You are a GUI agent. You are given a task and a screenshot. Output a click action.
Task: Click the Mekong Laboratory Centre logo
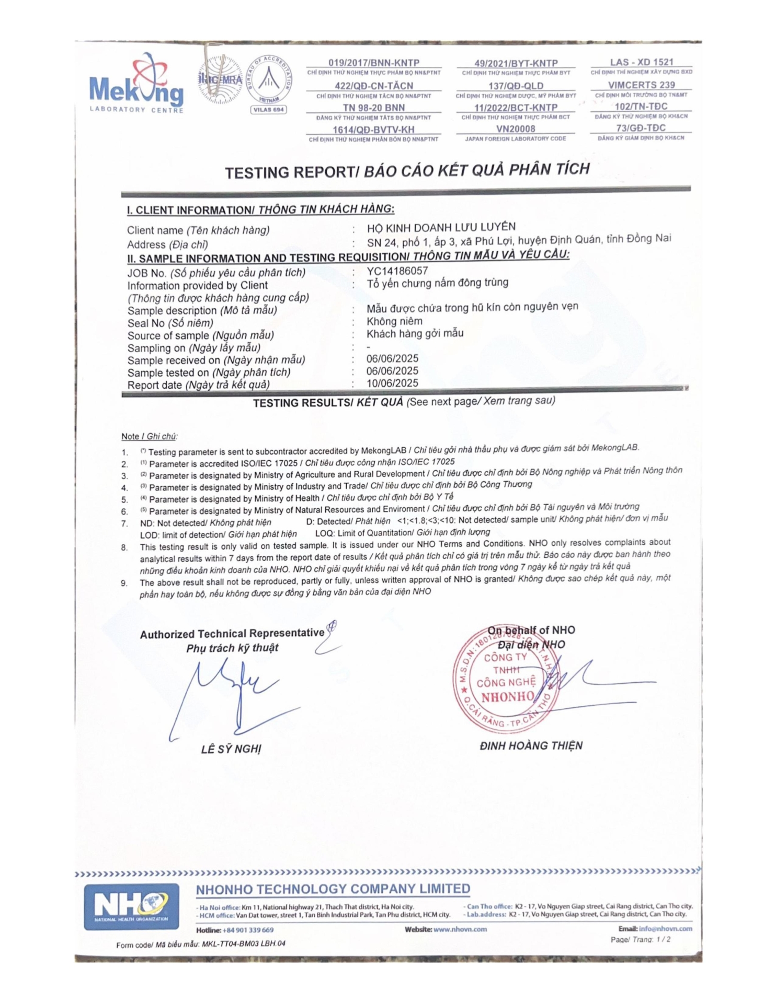pyautogui.click(x=136, y=85)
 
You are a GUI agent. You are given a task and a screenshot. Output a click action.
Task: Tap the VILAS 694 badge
pyautogui.click(x=269, y=110)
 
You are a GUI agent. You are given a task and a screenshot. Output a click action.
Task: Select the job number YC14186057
pyautogui.click(x=397, y=271)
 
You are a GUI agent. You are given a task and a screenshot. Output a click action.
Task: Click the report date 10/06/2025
pyautogui.click(x=392, y=383)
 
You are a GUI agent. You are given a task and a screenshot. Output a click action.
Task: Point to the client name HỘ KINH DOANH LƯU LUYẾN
pyautogui.click(x=441, y=227)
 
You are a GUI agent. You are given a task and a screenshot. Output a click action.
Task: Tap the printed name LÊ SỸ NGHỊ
pyautogui.click(x=231, y=749)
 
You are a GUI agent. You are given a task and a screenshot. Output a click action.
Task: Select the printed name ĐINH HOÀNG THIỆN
pyautogui.click(x=531, y=745)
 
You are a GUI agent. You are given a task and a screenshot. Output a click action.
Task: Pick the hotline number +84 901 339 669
pyautogui.click(x=248, y=930)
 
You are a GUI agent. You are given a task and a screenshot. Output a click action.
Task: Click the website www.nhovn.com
pyautogui.click(x=460, y=929)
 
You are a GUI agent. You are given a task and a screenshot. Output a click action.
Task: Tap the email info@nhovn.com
pyautogui.click(x=665, y=928)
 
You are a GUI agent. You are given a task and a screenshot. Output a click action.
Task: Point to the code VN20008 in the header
pyautogui.click(x=516, y=129)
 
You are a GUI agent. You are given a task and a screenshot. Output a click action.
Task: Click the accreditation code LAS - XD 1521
pyautogui.click(x=642, y=62)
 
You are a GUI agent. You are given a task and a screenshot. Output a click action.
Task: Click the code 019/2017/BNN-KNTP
pyautogui.click(x=374, y=63)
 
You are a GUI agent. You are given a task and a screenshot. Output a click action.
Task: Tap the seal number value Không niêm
pyautogui.click(x=394, y=321)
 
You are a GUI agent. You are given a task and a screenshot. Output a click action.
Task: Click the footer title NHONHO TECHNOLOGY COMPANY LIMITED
pyautogui.click(x=333, y=889)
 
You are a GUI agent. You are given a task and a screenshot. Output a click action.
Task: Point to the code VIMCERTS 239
pyautogui.click(x=641, y=85)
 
